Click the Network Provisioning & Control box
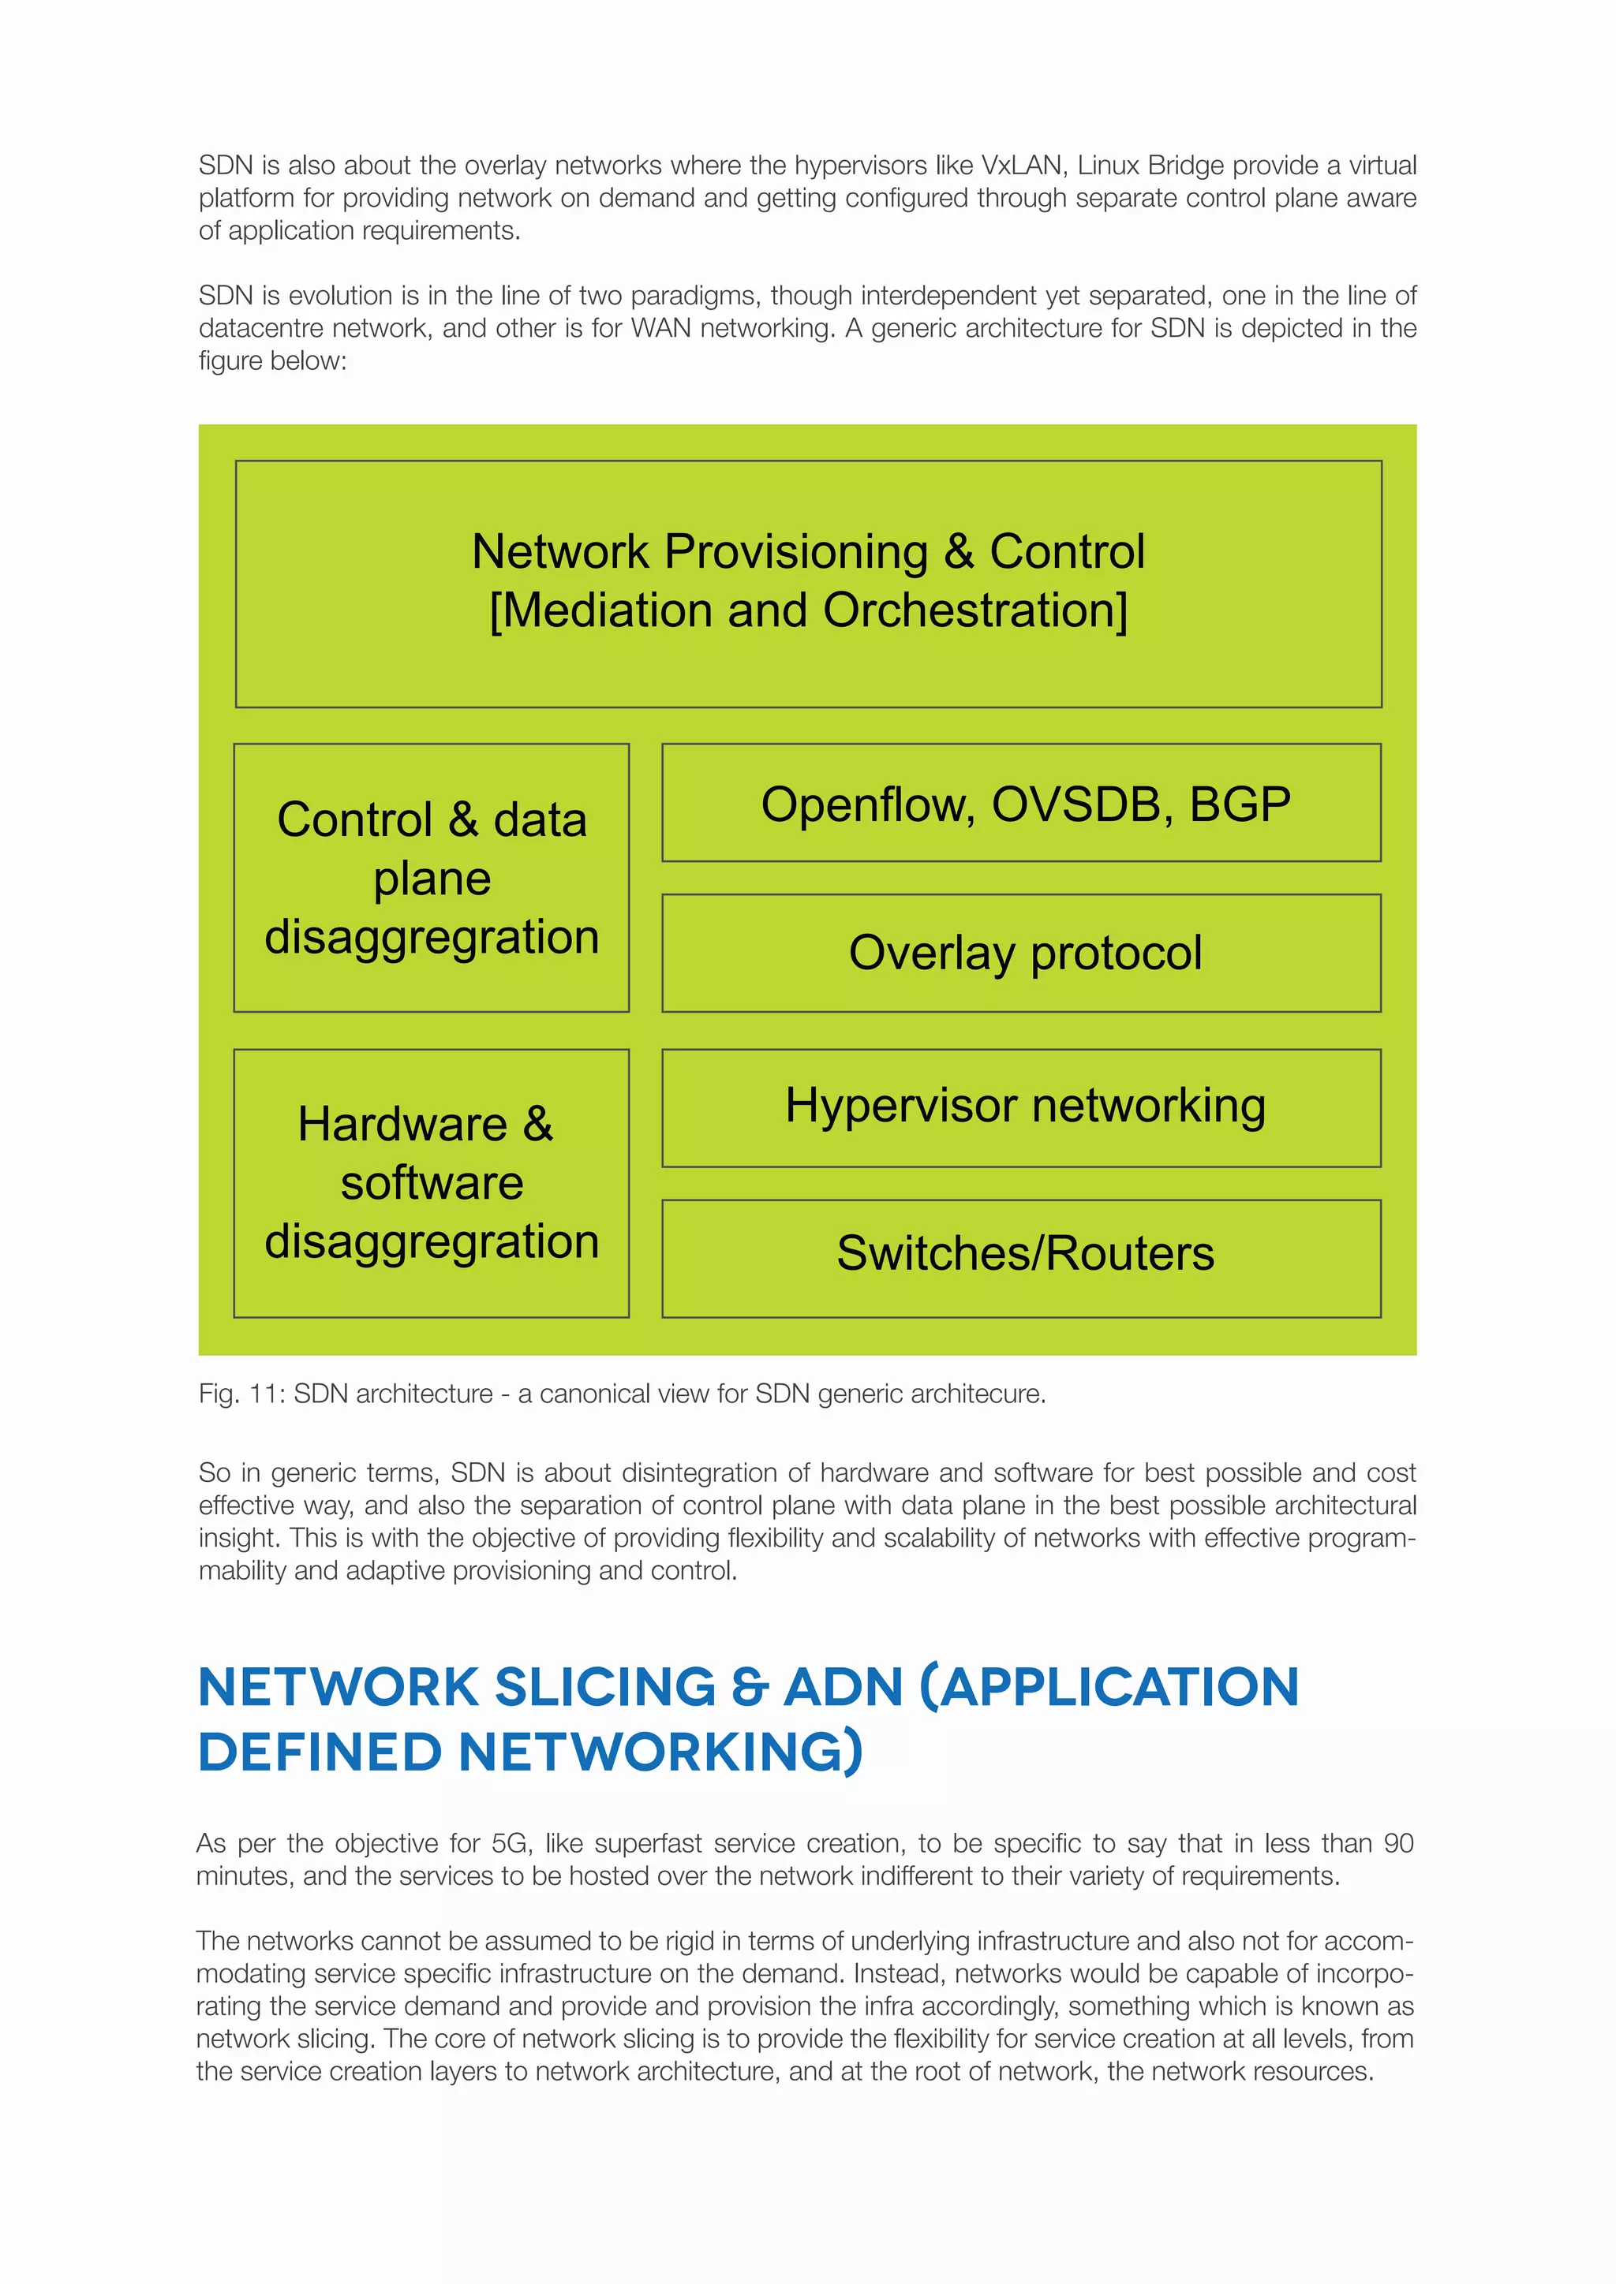click(x=808, y=583)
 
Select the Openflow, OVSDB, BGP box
click(x=1021, y=803)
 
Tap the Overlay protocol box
click(x=1021, y=953)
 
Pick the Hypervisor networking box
click(x=1021, y=1107)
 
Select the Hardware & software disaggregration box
click(x=431, y=1183)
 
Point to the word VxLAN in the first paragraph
click(x=1021, y=165)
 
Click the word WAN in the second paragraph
click(x=660, y=328)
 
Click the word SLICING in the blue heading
click(x=605, y=1687)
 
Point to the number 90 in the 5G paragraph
click(x=1398, y=1843)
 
